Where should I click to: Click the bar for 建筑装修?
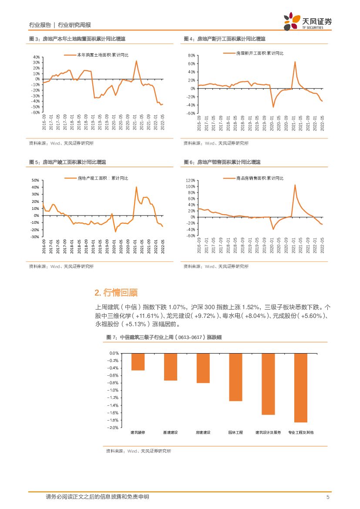[138, 362]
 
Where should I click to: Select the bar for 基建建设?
[171, 367]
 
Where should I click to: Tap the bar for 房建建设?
[203, 368]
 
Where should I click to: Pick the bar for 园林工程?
[236, 377]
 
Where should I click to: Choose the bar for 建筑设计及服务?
[268, 384]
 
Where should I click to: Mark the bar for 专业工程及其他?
[301, 388]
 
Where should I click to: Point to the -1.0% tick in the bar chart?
[113, 390]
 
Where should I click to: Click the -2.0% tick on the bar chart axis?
[113, 428]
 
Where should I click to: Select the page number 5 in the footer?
[328, 497]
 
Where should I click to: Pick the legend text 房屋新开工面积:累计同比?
[259, 53]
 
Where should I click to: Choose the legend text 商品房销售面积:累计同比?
[259, 178]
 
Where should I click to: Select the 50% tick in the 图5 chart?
[36, 180]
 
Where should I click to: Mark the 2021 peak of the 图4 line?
[295, 62]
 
